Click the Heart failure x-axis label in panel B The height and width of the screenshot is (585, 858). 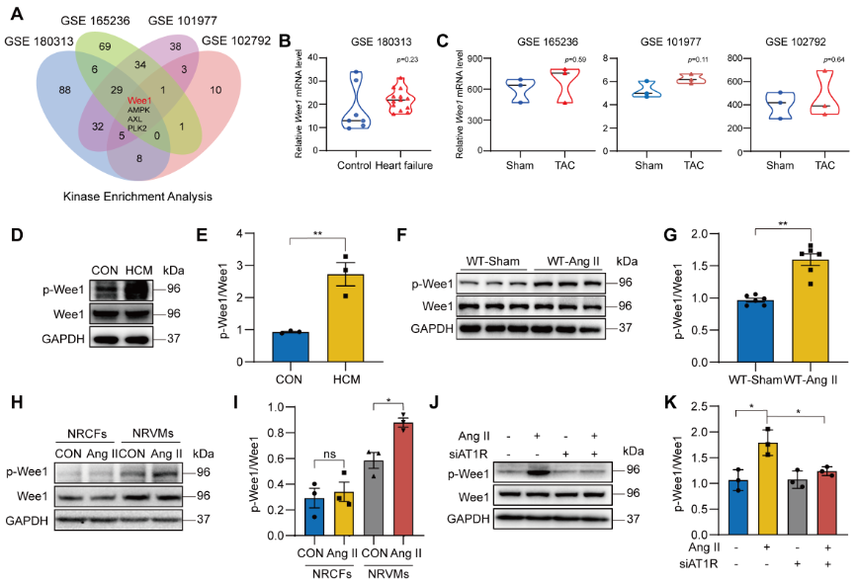398,164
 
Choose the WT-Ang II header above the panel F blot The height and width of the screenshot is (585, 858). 574,261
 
